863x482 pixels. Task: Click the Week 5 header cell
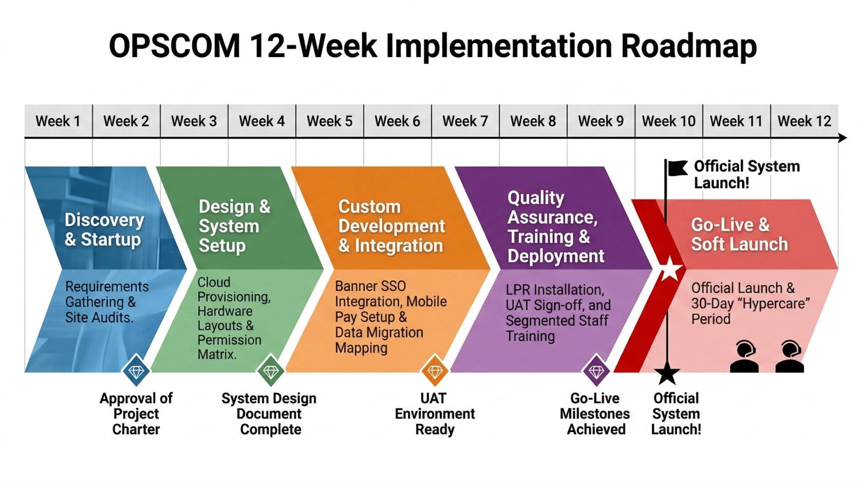point(329,121)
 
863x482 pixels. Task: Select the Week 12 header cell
point(804,121)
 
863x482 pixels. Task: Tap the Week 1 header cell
point(58,121)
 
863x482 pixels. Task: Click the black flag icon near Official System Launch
point(678,168)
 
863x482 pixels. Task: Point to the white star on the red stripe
point(670,269)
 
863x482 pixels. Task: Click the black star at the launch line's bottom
point(667,374)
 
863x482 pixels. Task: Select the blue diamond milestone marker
point(136,371)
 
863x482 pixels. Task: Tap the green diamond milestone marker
point(271,371)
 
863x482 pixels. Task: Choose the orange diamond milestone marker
point(435,371)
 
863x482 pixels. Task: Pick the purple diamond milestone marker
point(596,371)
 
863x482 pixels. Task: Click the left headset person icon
point(744,356)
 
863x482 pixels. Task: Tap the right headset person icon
point(790,356)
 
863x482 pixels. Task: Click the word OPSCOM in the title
point(175,46)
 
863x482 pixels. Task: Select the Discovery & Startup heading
point(104,230)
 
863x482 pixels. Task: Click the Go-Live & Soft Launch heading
point(739,234)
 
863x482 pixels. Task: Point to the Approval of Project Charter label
point(136,414)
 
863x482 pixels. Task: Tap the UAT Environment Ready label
point(435,414)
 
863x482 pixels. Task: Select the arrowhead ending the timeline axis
point(842,138)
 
